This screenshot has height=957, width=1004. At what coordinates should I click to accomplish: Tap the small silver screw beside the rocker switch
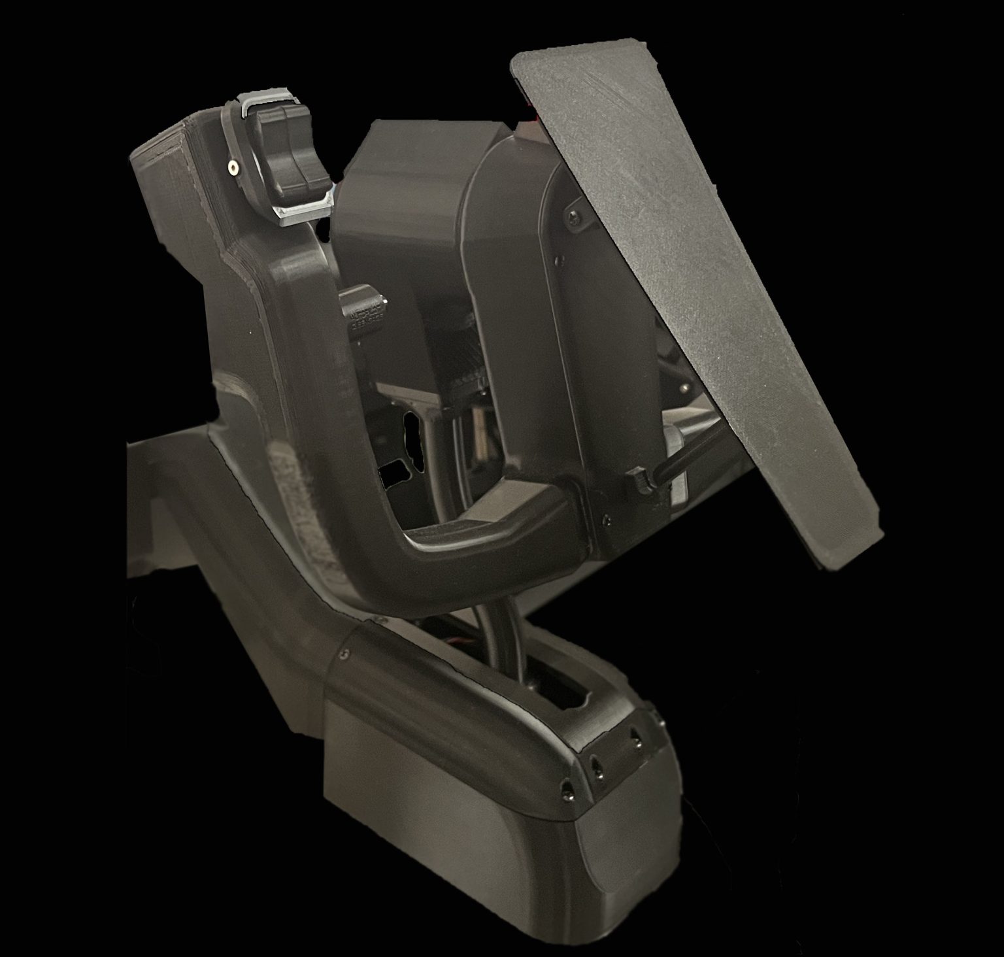(233, 169)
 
